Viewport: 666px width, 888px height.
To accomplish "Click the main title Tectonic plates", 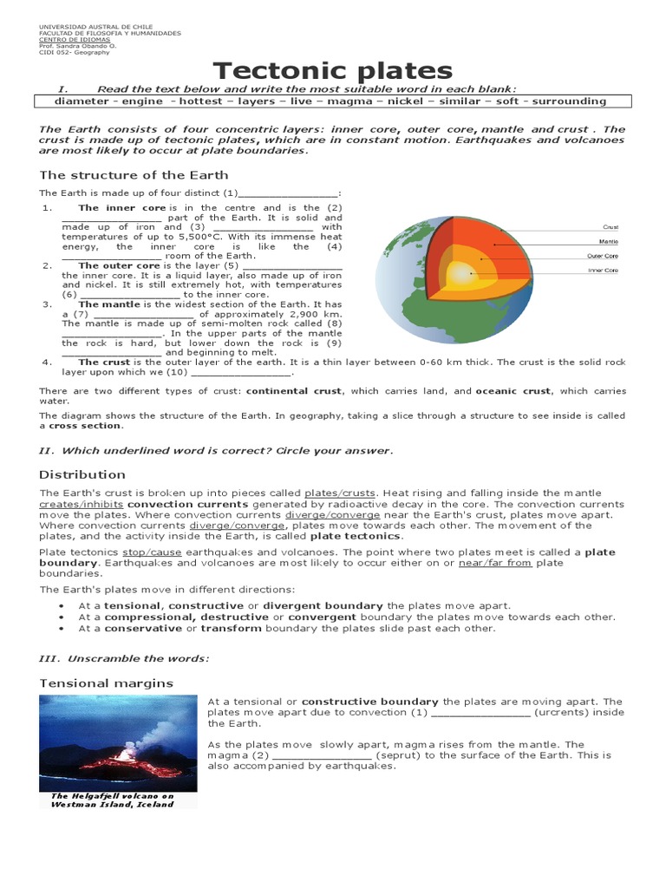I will tap(333, 70).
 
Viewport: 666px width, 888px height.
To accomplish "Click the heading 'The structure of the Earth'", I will tap(134, 175).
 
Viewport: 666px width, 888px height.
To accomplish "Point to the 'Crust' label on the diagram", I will tap(610, 227).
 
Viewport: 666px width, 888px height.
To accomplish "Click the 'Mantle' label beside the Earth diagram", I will tap(609, 241).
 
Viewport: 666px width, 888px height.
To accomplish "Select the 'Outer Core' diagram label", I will tap(602, 256).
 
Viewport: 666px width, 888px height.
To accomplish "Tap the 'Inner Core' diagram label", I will tap(603, 271).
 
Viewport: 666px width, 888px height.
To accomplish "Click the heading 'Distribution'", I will tap(82, 474).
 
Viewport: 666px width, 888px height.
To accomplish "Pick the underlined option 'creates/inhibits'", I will tap(82, 504).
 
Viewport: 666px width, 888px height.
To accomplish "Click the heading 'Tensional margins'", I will tap(106, 683).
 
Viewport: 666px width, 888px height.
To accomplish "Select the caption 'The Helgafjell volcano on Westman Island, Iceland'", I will tap(112, 800).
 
